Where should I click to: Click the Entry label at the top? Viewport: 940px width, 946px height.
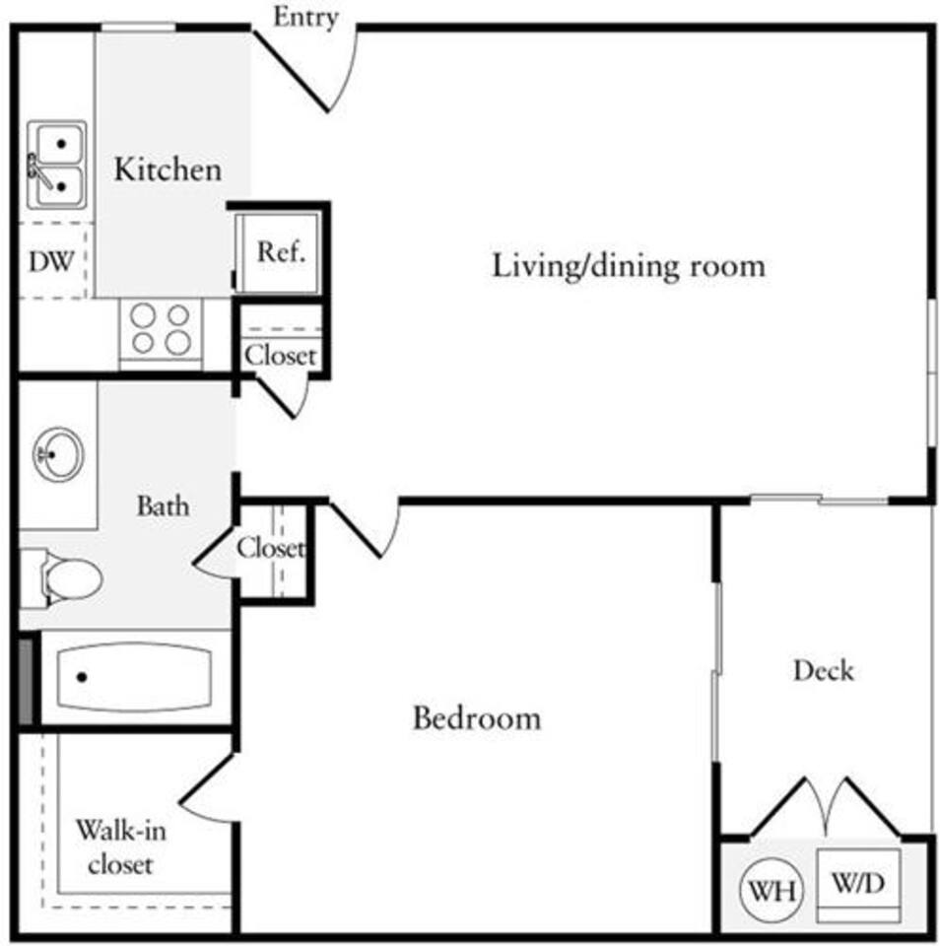(304, 17)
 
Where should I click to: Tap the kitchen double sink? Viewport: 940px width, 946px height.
(55, 164)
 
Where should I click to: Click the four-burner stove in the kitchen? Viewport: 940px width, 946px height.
(161, 329)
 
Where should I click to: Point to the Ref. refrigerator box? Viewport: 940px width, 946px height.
(281, 251)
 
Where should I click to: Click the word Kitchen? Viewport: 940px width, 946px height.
(168, 169)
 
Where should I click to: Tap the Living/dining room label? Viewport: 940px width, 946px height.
(629, 265)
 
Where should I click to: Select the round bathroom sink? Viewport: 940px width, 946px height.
(59, 453)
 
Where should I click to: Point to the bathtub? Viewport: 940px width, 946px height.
(133, 677)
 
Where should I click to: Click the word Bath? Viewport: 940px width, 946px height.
(163, 507)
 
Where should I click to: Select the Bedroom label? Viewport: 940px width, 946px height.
(476, 717)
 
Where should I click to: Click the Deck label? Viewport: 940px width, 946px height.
(823, 671)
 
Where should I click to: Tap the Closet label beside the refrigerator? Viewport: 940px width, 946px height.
(281, 355)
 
